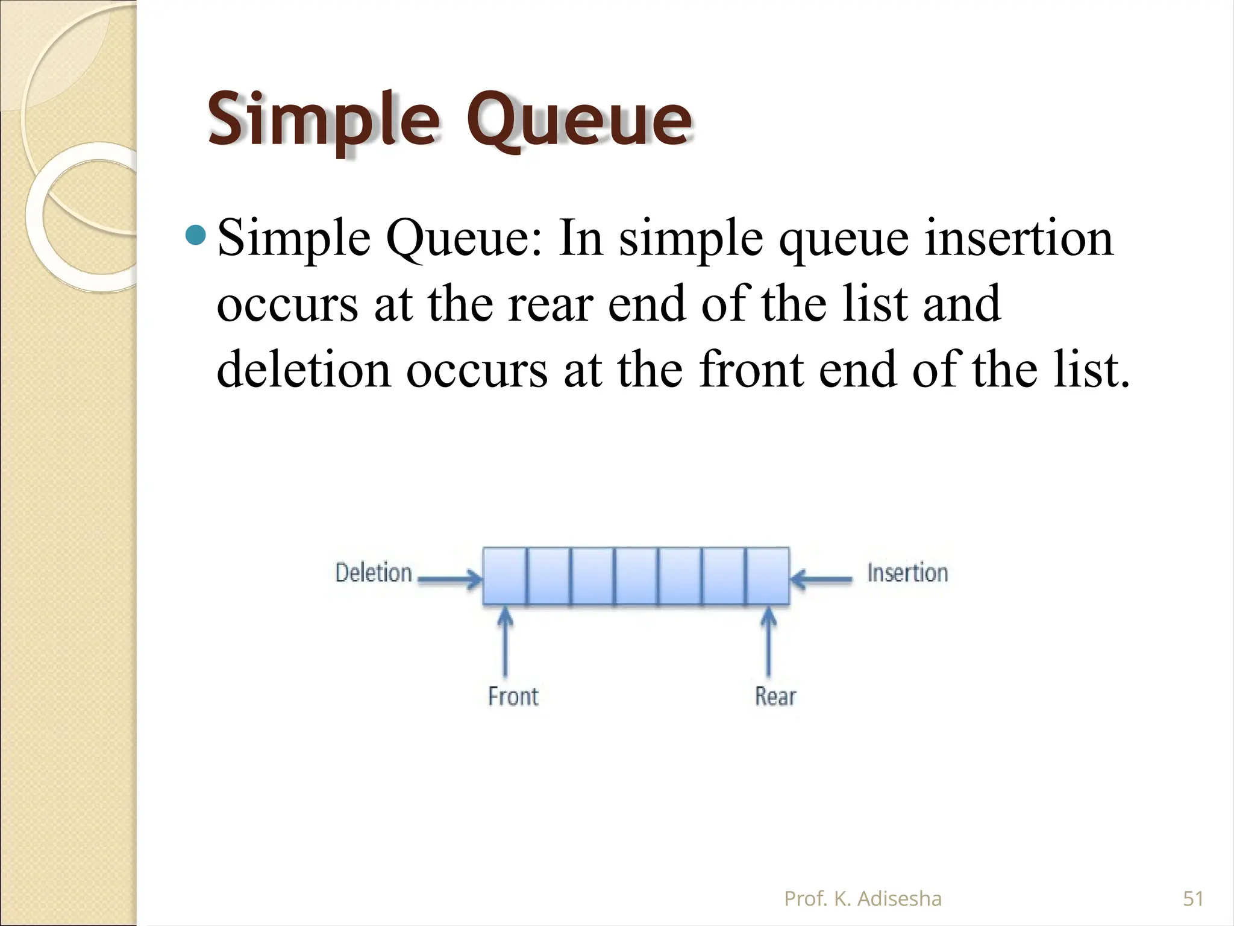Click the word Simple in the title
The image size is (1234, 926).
(x=323, y=121)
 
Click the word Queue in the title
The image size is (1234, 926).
(x=578, y=121)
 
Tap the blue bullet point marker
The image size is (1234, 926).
(x=196, y=235)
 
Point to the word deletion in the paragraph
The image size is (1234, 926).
(x=303, y=369)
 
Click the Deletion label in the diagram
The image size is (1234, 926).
(x=373, y=573)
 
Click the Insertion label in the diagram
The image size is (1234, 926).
(x=907, y=573)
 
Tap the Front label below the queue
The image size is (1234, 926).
(x=513, y=696)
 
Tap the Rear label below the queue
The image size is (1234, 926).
(x=775, y=696)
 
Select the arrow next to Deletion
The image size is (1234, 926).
(x=449, y=580)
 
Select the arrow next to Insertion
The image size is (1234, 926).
(x=821, y=580)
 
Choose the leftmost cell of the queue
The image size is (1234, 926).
(x=505, y=576)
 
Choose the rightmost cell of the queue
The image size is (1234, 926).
(x=768, y=576)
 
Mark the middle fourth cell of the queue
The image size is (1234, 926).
(x=636, y=576)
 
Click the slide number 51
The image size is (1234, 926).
(x=1193, y=899)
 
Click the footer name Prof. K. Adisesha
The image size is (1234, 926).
(x=862, y=899)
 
